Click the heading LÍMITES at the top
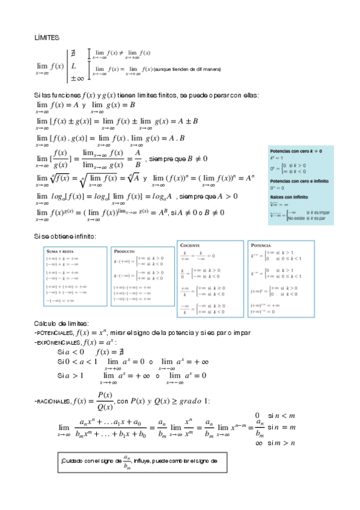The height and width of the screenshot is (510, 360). pyautogui.click(x=47, y=37)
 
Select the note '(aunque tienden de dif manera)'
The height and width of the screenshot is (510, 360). pyautogui.click(x=188, y=70)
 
